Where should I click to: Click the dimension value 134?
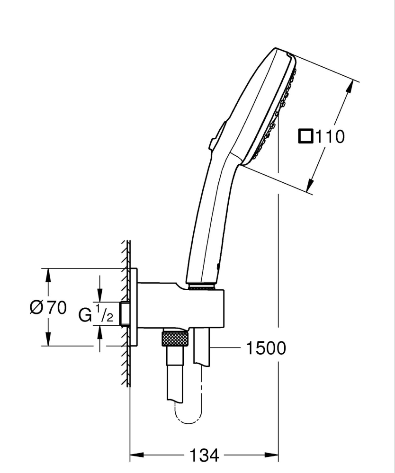tap(205, 455)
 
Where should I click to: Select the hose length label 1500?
tap(266, 348)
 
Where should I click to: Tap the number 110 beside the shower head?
tap(330, 137)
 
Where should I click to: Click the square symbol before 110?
tap(305, 137)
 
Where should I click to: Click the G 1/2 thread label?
tap(96, 314)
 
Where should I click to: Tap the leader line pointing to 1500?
tap(225, 348)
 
